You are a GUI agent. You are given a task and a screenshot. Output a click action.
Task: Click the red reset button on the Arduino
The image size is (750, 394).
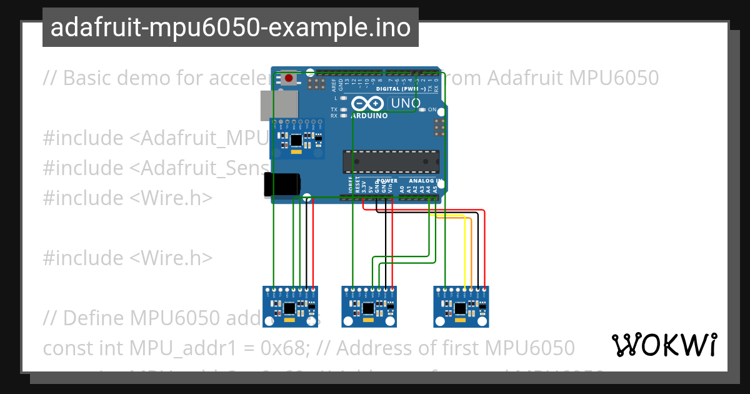click(289, 79)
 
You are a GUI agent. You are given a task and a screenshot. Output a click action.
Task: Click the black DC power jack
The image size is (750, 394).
click(281, 185)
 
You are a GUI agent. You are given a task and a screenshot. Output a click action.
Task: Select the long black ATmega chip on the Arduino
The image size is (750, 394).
click(390, 161)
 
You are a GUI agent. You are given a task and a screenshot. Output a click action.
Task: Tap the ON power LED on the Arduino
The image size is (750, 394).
click(422, 109)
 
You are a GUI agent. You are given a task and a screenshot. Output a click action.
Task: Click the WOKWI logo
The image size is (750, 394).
click(664, 345)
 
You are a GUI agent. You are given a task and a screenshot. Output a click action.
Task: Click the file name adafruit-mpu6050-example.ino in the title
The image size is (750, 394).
click(230, 28)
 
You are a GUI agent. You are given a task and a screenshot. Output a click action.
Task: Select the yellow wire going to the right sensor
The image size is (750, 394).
click(464, 250)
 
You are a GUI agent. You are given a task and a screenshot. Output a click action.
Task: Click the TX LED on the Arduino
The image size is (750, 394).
click(343, 109)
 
